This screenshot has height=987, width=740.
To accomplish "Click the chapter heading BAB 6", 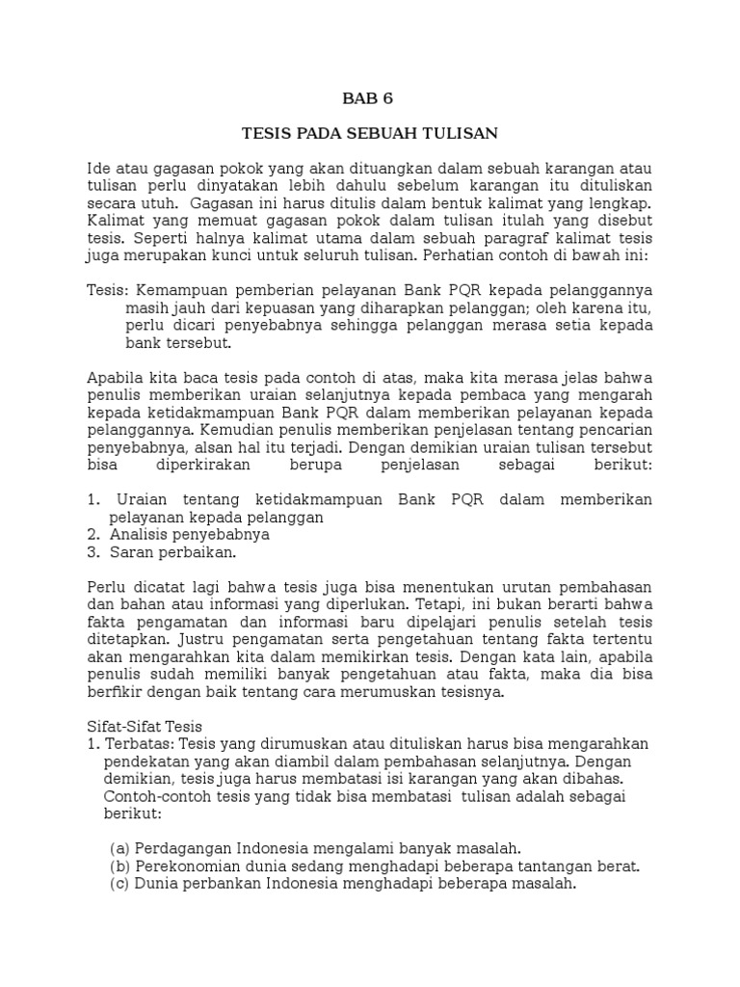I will point(369,97).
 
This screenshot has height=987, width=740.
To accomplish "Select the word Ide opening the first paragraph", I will point(99,169).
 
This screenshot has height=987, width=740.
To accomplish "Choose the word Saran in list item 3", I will point(134,552).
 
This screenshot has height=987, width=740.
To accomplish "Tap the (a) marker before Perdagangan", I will point(119,848).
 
